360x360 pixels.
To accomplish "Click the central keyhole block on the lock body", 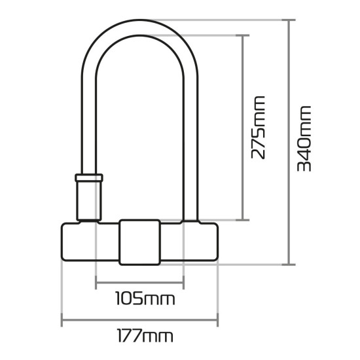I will tap(138, 242).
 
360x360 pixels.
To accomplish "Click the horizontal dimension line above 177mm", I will tap(131, 321).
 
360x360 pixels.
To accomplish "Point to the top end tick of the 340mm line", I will tap(288, 20).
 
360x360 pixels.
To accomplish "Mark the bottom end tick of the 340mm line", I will tap(288, 265).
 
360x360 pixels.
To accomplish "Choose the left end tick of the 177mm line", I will tap(62, 321).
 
